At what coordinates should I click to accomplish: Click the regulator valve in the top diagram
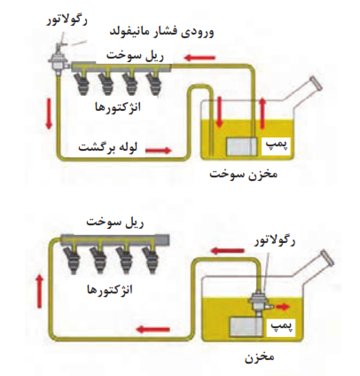tap(59, 59)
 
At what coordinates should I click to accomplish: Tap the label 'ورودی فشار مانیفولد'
tap(162, 32)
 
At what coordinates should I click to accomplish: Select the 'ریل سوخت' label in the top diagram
tap(135, 55)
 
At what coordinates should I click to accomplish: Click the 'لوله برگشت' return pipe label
tap(108, 146)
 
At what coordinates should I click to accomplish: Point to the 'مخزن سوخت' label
tap(244, 174)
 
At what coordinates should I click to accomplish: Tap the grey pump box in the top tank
tap(242, 146)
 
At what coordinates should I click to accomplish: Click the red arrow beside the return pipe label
tap(158, 151)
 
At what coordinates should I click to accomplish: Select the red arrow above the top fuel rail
tap(200, 58)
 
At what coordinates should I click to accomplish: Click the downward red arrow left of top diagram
tap(49, 114)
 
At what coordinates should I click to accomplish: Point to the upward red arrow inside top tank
tap(262, 114)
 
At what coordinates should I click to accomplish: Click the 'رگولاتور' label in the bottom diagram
tap(275, 240)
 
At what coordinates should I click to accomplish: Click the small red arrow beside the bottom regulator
tap(283, 307)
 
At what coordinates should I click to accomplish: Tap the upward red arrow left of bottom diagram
tap(39, 291)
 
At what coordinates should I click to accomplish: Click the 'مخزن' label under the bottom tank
tap(260, 356)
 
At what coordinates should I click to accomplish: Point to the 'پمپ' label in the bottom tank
tap(281, 326)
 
